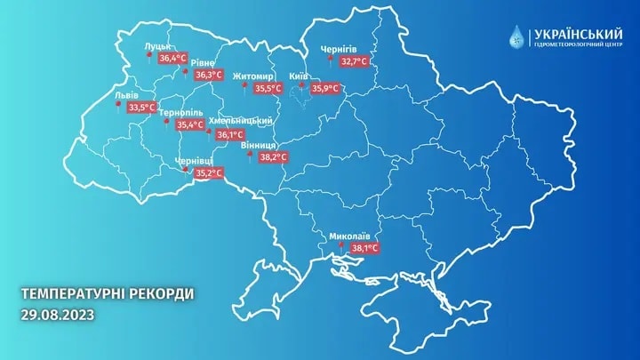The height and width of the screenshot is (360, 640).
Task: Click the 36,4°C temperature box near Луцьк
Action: (x=172, y=58)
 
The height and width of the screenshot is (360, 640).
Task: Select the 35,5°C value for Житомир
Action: (x=267, y=89)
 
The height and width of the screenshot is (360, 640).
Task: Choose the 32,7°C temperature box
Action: (x=355, y=61)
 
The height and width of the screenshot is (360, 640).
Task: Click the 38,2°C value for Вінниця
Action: (x=272, y=157)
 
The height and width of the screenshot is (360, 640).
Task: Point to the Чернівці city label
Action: (x=193, y=161)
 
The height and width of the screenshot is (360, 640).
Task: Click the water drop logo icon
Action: (x=516, y=36)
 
